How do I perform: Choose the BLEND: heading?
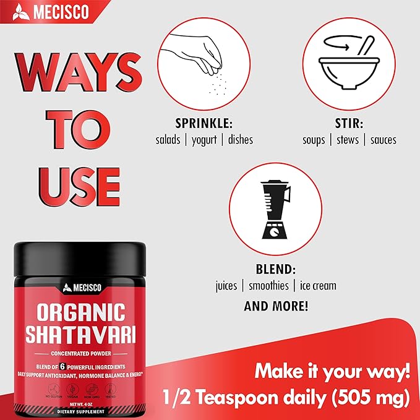pyautogui.click(x=275, y=270)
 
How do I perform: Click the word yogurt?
pyautogui.click(x=204, y=139)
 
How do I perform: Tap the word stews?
pyautogui.click(x=348, y=139)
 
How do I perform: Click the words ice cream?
pyautogui.click(x=318, y=286)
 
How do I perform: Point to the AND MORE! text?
pyautogui.click(x=276, y=306)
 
